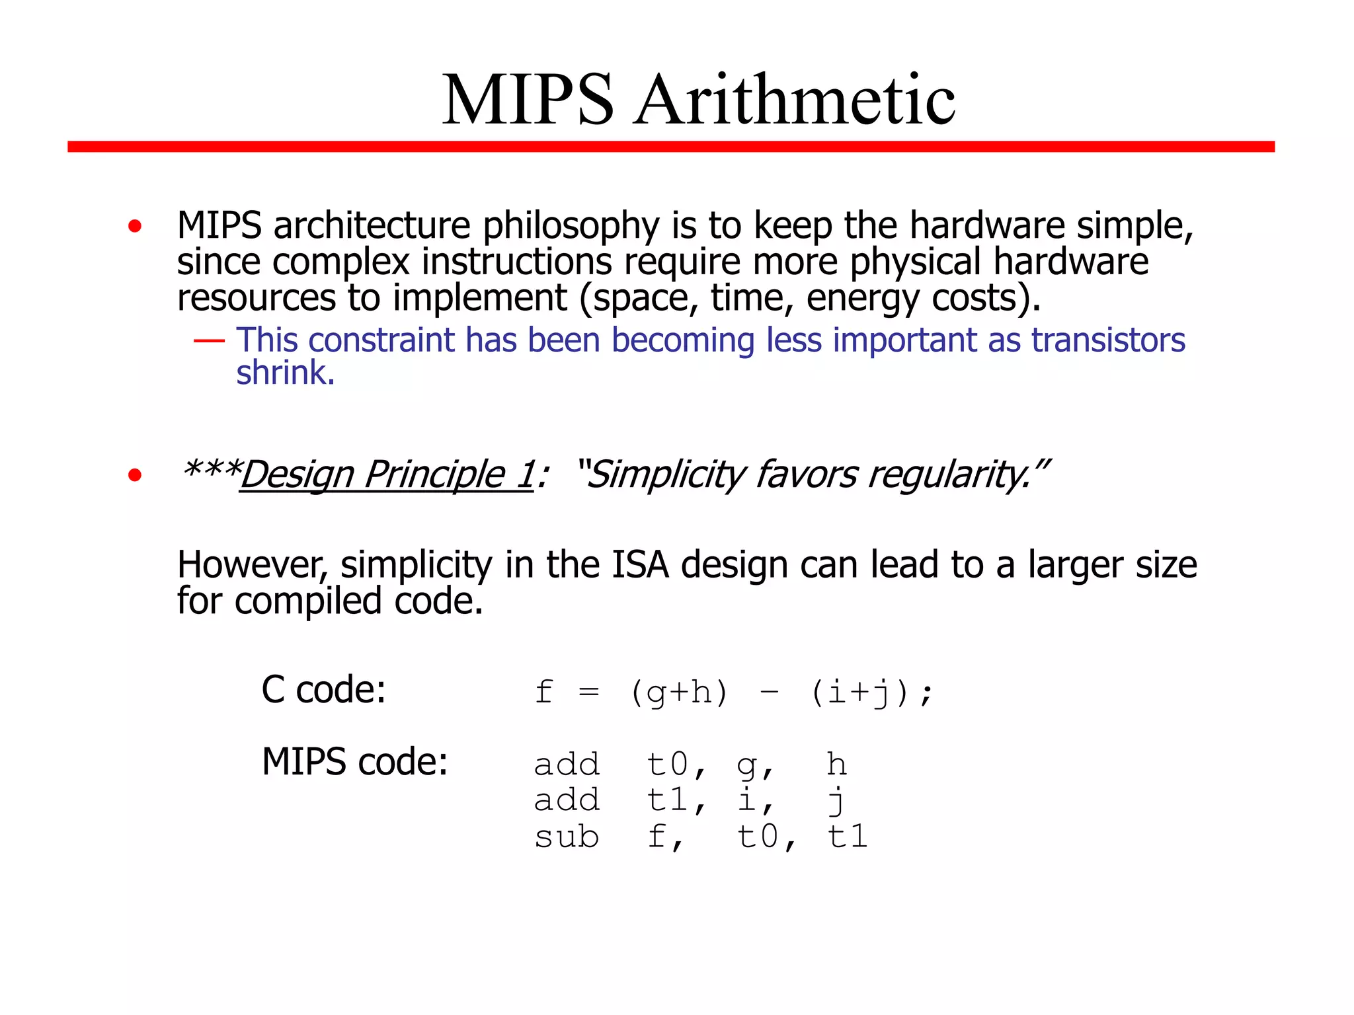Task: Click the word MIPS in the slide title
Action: pyautogui.click(x=528, y=100)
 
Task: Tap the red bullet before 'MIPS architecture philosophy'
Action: pyautogui.click(x=135, y=227)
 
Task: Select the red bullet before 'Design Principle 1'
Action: pyautogui.click(x=135, y=474)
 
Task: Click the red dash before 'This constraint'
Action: pyautogui.click(x=209, y=341)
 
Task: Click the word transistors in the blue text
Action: pyautogui.click(x=1109, y=340)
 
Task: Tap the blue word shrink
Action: pyautogui.click(x=285, y=373)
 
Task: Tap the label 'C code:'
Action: pyautogui.click(x=323, y=690)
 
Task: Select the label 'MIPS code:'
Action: pyautogui.click(x=355, y=762)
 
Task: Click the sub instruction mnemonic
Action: pyautogui.click(x=567, y=837)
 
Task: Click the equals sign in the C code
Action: pyautogui.click(x=588, y=693)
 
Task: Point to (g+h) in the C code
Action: pyautogui.click(x=679, y=693)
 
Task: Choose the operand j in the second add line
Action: pyautogui.click(x=837, y=801)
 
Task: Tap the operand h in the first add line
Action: pyautogui.click(x=837, y=765)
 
